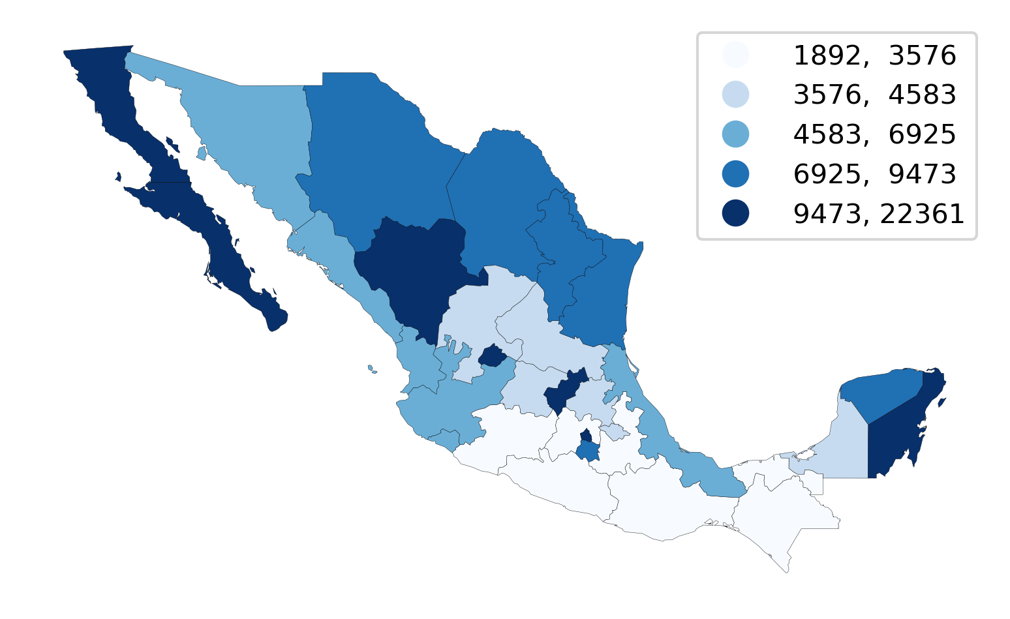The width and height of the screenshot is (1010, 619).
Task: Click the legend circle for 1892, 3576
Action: click(735, 55)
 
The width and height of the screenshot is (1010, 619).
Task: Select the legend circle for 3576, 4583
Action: click(735, 95)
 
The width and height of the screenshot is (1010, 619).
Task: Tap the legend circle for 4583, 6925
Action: click(735, 134)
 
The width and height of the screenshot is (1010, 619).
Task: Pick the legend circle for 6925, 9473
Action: click(735, 174)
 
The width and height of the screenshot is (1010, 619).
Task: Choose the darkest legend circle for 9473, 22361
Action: click(735, 213)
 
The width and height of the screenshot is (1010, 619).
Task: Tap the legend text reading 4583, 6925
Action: click(874, 135)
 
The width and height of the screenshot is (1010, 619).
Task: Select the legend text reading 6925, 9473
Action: click(874, 175)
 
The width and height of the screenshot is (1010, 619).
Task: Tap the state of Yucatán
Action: click(881, 391)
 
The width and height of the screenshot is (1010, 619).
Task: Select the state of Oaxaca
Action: click(666, 502)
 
